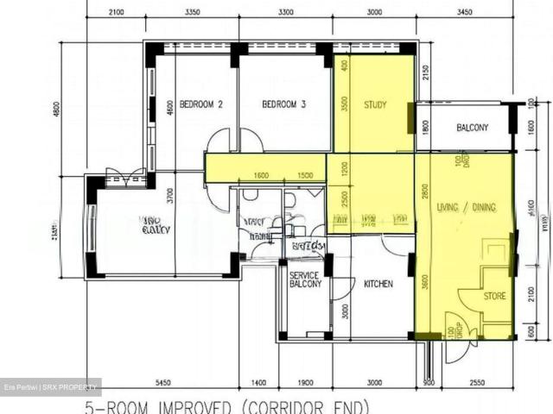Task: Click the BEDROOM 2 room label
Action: (x=200, y=105)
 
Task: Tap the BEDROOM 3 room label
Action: (x=284, y=105)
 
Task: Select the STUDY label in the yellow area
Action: (x=375, y=105)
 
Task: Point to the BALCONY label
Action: (x=473, y=128)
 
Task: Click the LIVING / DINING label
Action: (x=467, y=207)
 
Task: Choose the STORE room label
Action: (x=494, y=296)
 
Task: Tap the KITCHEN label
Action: (x=378, y=283)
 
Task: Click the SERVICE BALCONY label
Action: (x=305, y=279)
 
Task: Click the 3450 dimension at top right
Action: (x=465, y=13)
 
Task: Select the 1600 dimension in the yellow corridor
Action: (x=262, y=175)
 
